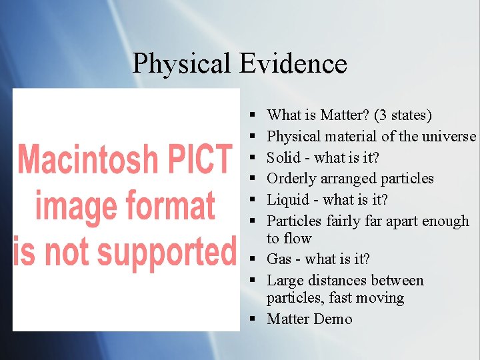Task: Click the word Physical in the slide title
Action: tap(181, 64)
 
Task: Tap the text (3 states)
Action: tap(403, 115)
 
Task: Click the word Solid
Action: tap(284, 158)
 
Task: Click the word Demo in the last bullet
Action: tap(333, 319)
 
